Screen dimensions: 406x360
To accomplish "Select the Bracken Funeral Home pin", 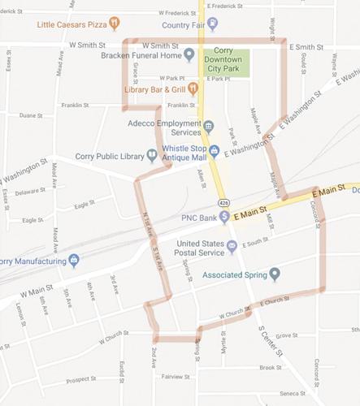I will coord(189,55).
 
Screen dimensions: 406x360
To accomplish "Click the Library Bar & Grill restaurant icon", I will coord(193,88).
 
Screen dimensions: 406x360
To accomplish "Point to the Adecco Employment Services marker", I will coord(208,127).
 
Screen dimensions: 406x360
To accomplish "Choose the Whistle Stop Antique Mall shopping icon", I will coord(215,150).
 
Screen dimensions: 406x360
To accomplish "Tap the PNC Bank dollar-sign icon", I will coord(223,218).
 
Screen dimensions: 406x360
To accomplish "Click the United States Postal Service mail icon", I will coord(232,246).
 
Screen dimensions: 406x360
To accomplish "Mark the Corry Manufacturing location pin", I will coord(74,261).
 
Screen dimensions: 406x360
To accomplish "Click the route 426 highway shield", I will coord(222,200).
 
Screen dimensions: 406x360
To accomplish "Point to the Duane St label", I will coord(32,115).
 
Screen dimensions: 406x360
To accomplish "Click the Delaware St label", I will coord(31,192).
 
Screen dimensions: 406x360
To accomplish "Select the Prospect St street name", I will coord(81,379).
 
